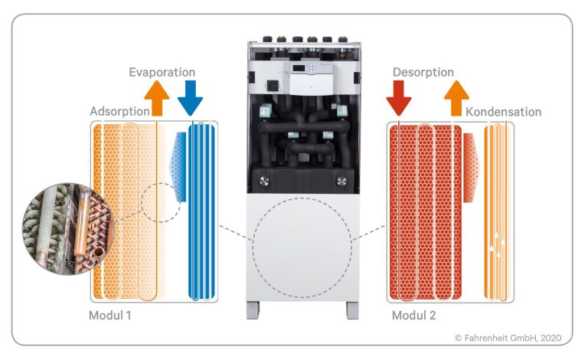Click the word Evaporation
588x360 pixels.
162,72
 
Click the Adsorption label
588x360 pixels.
119,112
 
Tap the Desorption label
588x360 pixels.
423,72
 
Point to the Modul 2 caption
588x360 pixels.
415,316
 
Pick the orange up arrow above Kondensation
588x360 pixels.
457,97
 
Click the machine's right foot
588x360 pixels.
351,309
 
